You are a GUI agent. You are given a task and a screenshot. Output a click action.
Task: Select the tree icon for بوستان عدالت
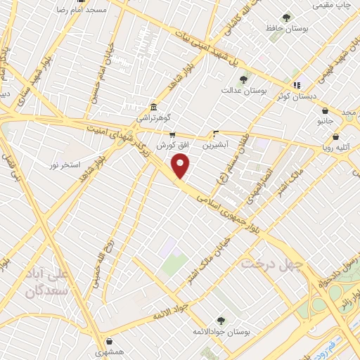coord(243,79)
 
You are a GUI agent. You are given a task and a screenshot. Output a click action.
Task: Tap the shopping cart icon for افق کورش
coord(172,134)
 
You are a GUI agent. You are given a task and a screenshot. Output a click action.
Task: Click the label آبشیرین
coord(215,145)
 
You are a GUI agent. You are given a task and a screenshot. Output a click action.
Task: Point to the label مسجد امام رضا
coord(77,10)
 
